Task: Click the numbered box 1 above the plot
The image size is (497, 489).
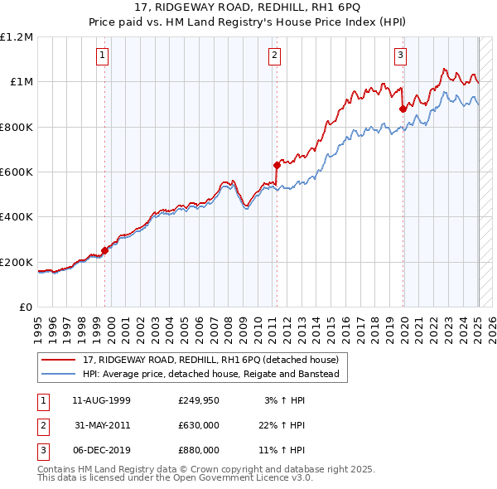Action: [102, 56]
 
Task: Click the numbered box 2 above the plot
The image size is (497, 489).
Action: [273, 56]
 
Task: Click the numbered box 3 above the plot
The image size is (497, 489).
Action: [400, 56]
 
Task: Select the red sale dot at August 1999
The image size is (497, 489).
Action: [105, 250]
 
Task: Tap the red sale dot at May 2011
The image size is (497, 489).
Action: [277, 165]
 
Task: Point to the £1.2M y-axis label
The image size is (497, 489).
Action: [17, 37]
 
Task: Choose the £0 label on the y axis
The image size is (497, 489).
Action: [25, 307]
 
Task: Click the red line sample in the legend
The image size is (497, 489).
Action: [60, 361]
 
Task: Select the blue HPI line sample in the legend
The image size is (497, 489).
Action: [60, 374]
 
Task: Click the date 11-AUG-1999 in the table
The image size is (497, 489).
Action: [102, 401]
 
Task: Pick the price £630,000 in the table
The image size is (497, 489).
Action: [199, 425]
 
